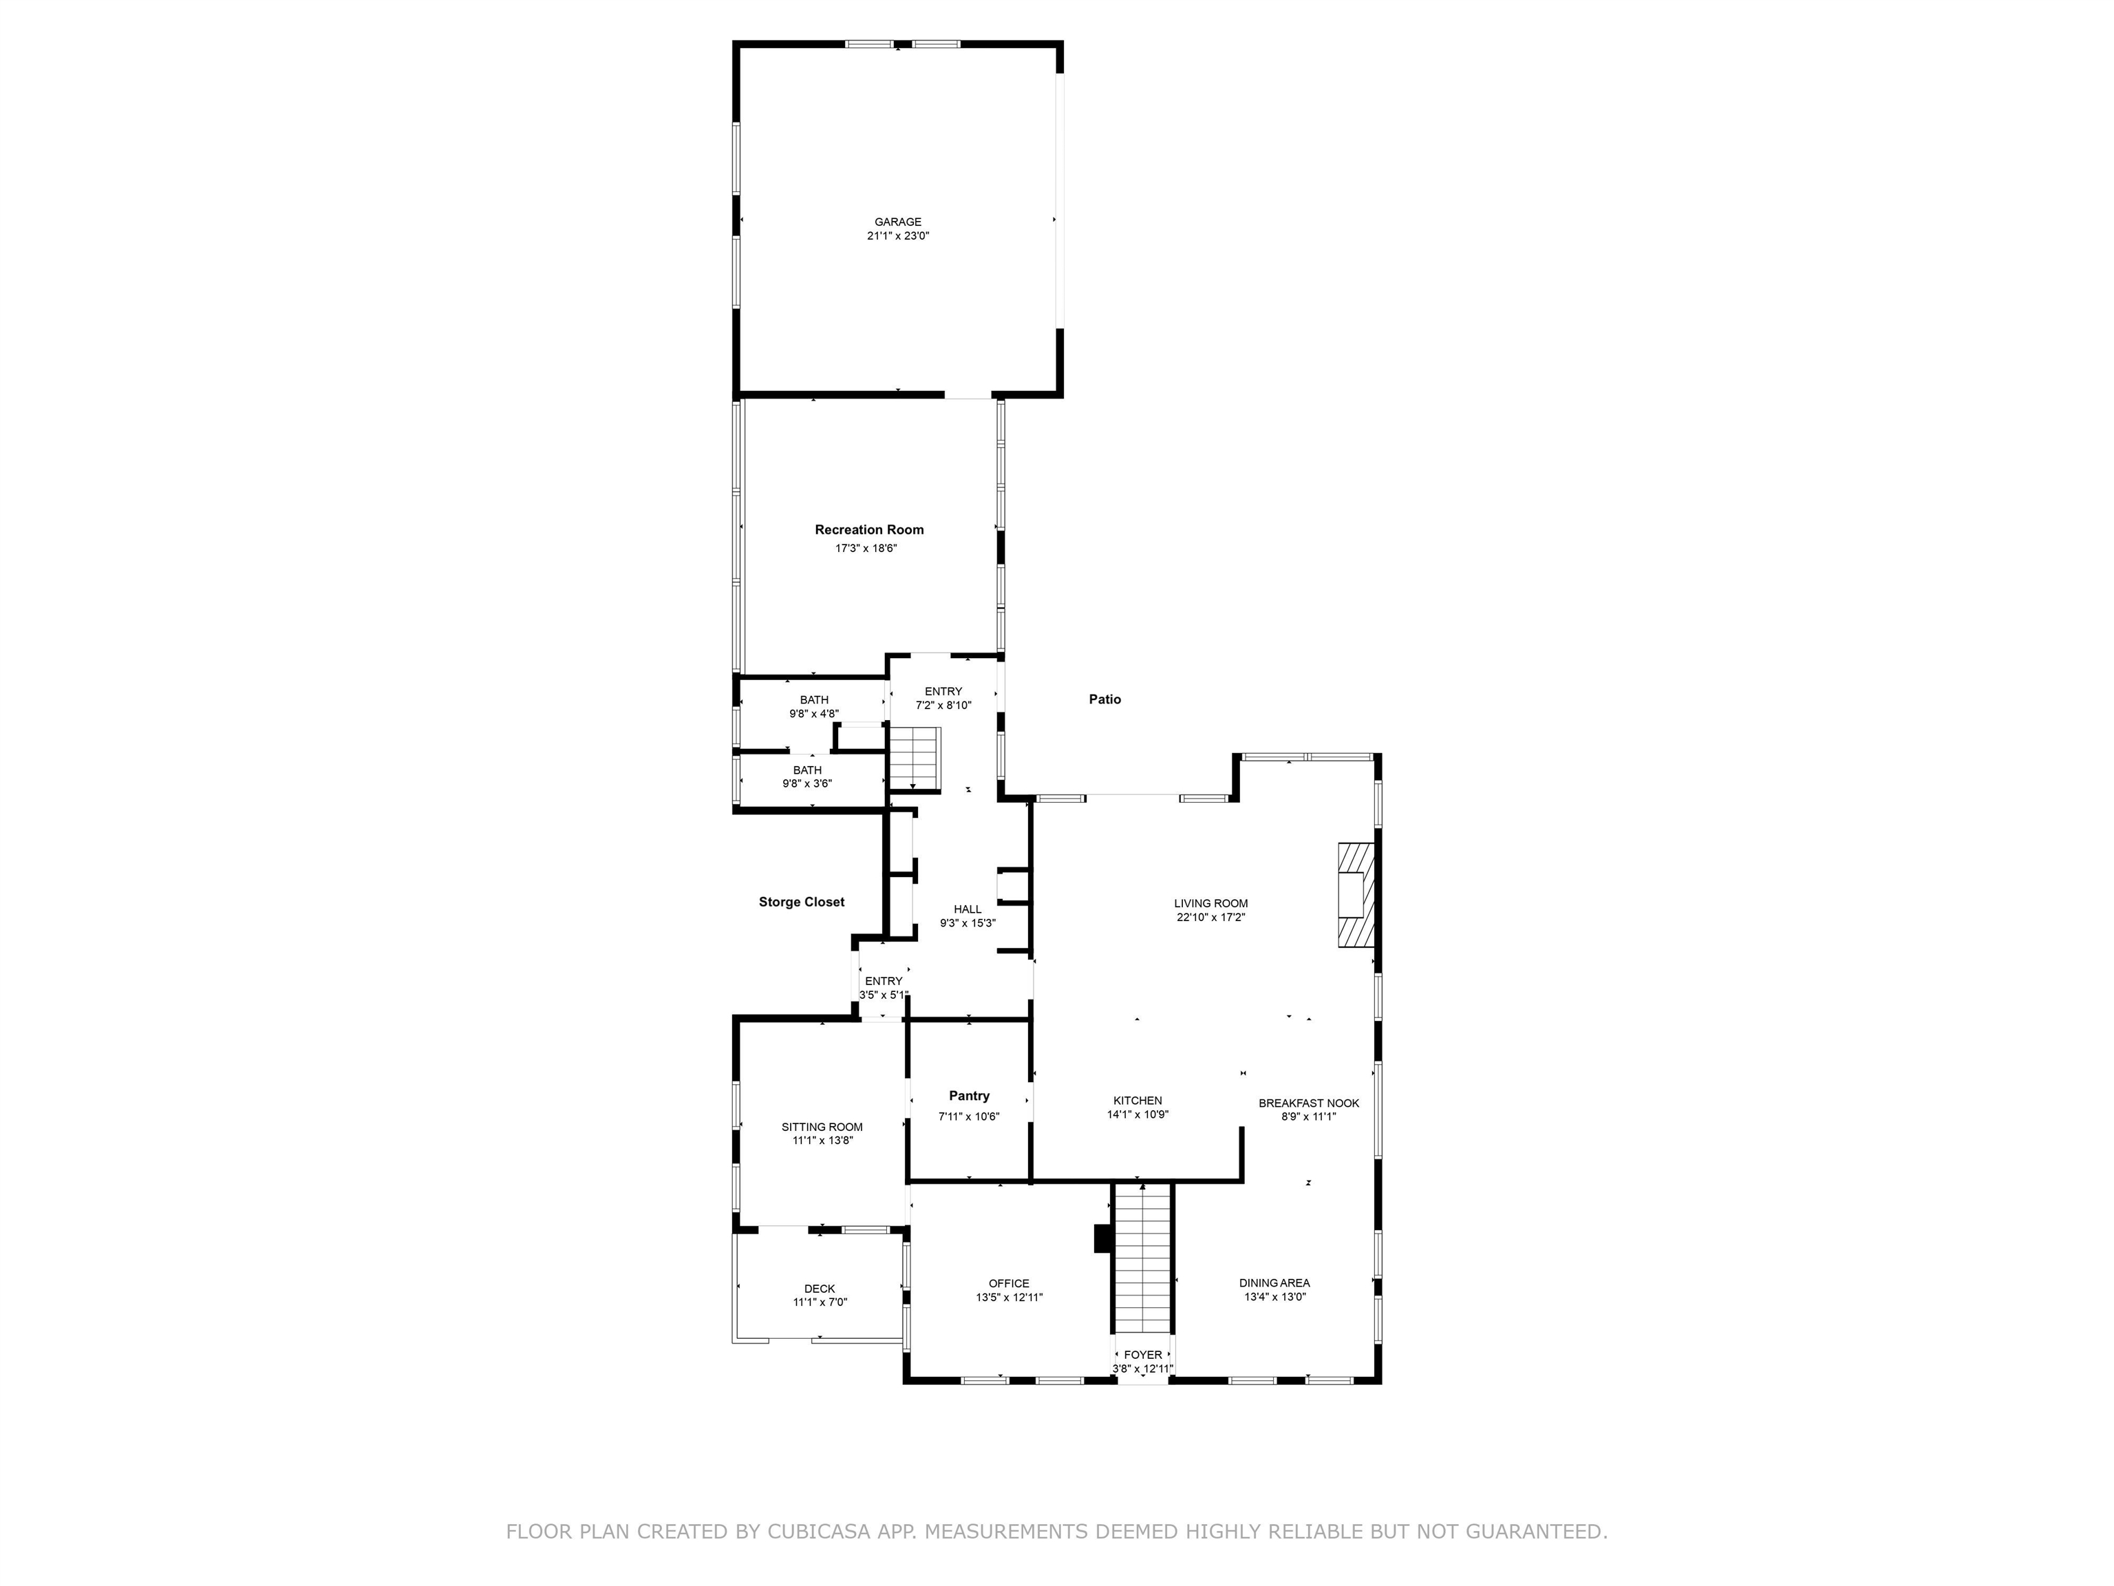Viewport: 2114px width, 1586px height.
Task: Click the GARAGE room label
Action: [x=897, y=222]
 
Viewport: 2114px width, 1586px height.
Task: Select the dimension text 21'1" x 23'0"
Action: [x=897, y=236]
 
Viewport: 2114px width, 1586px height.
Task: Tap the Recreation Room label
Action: [x=868, y=529]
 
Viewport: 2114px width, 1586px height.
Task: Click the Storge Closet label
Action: [x=801, y=902]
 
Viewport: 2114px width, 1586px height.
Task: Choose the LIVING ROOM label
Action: [x=1211, y=903]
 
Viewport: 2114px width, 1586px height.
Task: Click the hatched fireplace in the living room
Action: [x=1354, y=895]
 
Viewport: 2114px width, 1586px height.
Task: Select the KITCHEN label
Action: [x=1138, y=1100]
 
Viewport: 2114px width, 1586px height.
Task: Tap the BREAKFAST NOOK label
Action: [x=1308, y=1103]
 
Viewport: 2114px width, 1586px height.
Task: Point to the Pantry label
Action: [x=969, y=1096]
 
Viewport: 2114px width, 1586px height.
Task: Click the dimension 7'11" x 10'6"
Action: [x=969, y=1117]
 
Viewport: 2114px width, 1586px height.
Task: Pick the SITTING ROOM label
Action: [x=822, y=1127]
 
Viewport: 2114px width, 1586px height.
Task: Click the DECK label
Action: [x=819, y=1289]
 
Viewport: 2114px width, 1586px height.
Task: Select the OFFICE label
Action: [x=1010, y=1284]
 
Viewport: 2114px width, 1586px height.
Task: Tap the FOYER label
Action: [x=1143, y=1355]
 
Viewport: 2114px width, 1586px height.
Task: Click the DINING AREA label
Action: [x=1274, y=1283]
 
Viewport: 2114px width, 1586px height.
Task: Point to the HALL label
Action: [x=967, y=909]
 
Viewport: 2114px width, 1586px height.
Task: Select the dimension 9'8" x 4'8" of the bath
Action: [x=814, y=714]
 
